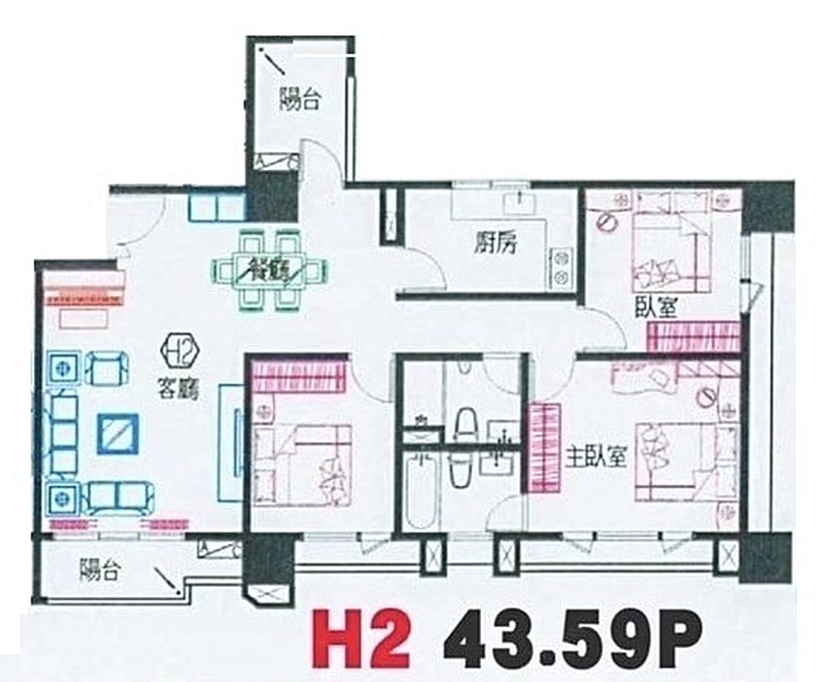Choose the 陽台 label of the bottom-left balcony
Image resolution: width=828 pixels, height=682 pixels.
100,571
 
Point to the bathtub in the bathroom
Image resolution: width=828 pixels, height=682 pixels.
418,491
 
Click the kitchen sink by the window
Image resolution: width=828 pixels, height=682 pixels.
520,204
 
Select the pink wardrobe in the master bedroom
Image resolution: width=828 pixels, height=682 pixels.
543,447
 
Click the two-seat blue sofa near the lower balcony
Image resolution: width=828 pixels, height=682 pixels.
121,497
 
